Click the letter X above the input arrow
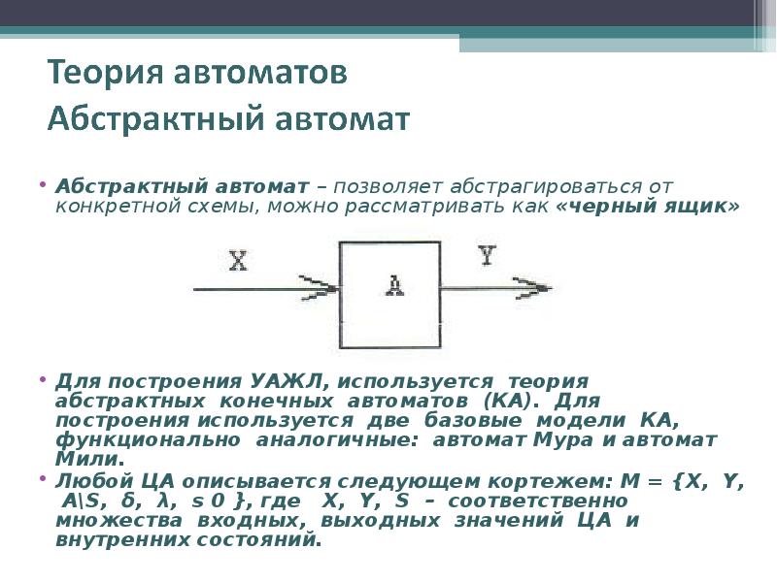(239, 261)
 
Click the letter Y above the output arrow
(487, 256)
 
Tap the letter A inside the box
(394, 285)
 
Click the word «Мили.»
(91, 458)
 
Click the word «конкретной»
(105, 208)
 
